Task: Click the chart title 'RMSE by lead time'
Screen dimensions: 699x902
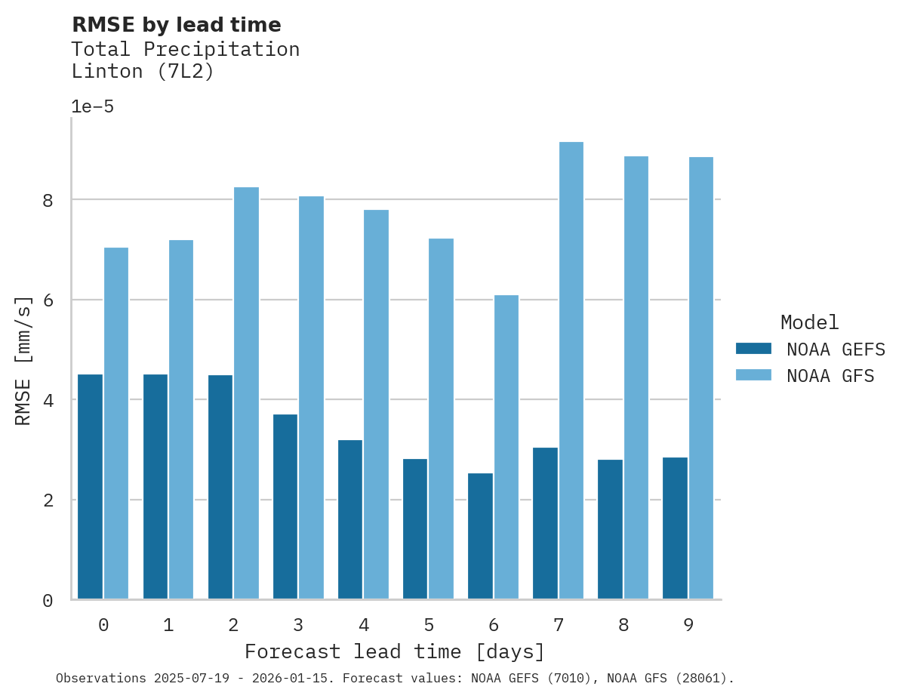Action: [176, 25]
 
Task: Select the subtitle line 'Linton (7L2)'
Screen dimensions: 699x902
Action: [143, 72]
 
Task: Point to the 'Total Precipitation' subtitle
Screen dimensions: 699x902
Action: [185, 50]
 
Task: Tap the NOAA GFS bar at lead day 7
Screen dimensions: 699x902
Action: [571, 371]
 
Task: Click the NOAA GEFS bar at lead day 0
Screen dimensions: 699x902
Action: [91, 487]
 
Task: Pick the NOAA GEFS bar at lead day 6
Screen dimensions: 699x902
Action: [480, 536]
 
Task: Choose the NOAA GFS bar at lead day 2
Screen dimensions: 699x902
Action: [246, 393]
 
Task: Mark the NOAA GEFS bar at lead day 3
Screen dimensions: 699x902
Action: [285, 507]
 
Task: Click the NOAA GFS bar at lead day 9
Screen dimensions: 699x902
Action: [700, 378]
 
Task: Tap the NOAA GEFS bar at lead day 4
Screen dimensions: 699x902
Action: [350, 519]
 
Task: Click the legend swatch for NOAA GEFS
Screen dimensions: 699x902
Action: [753, 349]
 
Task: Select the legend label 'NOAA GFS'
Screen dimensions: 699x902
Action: [830, 376]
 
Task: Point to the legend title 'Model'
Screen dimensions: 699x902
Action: [809, 323]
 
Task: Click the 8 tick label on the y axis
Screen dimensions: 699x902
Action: [48, 200]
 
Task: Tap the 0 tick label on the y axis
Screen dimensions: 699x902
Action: [48, 601]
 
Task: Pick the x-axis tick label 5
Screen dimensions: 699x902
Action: [429, 626]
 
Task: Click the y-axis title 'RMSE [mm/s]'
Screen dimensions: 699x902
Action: [24, 361]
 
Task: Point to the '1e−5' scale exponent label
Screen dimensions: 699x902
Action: [92, 107]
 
